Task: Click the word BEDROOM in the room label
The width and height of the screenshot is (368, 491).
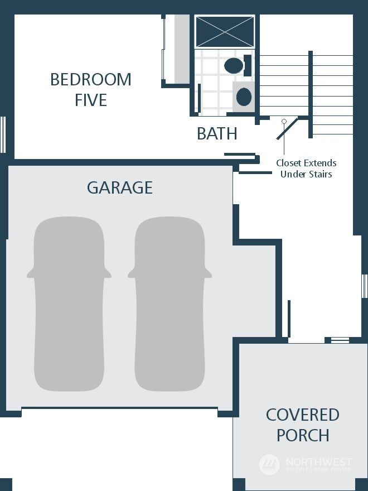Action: click(x=91, y=80)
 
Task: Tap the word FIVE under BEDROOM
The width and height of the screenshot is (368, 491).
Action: click(x=91, y=100)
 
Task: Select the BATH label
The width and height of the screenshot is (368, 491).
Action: click(x=217, y=134)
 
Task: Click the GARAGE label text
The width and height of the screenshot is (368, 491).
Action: click(x=120, y=187)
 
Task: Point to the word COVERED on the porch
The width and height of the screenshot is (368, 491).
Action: click(x=303, y=415)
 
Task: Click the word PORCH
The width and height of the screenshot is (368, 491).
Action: click(x=303, y=435)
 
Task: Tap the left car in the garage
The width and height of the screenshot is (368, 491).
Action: click(x=69, y=304)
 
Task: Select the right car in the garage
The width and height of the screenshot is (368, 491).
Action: click(x=170, y=304)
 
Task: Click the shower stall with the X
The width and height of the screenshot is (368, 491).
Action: click(x=225, y=32)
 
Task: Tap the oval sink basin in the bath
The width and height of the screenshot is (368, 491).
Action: click(x=244, y=97)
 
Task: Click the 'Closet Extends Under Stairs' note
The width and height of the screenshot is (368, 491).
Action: click(x=306, y=169)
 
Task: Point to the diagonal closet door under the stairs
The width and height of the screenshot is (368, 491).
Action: click(x=287, y=128)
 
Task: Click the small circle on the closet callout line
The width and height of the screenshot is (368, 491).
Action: click(x=284, y=121)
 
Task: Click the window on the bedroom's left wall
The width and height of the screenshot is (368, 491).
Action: click(x=3, y=134)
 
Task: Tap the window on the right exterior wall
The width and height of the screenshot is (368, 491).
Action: click(x=365, y=286)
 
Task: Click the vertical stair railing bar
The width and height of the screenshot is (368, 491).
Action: click(x=311, y=94)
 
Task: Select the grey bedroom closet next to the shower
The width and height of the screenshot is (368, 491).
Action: click(x=182, y=49)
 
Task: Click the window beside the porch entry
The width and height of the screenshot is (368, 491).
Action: click(x=340, y=340)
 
